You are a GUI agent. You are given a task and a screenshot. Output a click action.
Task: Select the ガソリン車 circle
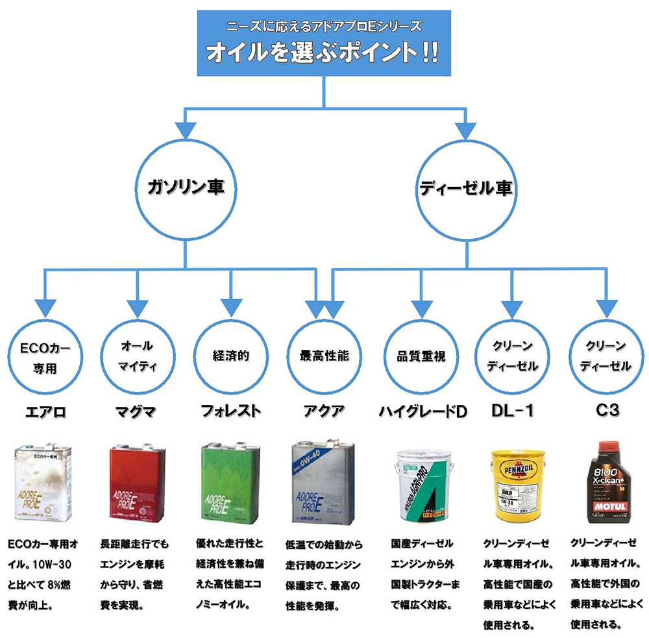point(186,188)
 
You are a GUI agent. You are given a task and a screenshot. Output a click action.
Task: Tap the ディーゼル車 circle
point(465,188)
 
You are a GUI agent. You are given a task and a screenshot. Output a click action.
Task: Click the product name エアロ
point(45,411)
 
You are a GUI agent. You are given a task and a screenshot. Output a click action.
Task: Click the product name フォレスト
point(231,411)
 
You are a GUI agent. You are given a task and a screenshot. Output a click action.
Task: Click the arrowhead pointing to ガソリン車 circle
point(186,129)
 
